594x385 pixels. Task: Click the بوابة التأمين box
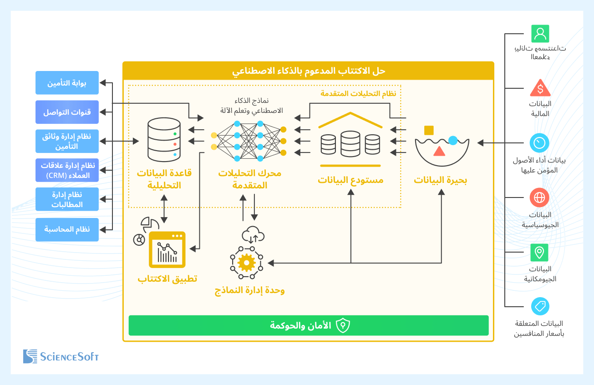[x=67, y=83]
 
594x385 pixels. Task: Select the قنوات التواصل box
[x=67, y=112]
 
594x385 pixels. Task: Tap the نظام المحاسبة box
[x=67, y=229]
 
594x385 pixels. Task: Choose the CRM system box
[x=67, y=171]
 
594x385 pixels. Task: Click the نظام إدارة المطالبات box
[x=67, y=200]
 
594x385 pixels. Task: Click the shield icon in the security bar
[x=342, y=325]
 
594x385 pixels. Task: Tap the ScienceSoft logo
[x=61, y=356]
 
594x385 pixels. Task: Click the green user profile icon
[x=540, y=34]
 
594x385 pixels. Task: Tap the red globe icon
[x=540, y=198]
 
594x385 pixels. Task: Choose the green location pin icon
[x=540, y=252]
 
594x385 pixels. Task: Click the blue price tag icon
[x=540, y=306]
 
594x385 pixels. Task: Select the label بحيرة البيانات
[x=440, y=180]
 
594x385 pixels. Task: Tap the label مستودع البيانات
[x=350, y=180]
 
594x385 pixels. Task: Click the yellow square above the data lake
[x=429, y=131]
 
